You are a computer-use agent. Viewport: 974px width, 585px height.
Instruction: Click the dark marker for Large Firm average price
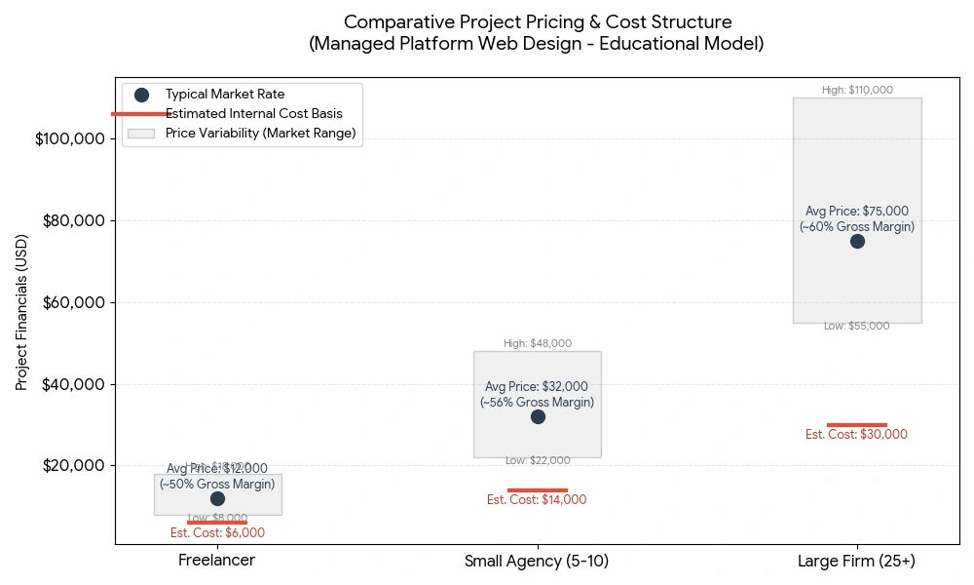(x=857, y=241)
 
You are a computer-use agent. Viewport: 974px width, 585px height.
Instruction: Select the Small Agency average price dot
(x=538, y=416)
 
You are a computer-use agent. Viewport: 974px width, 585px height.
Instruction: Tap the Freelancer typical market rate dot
(x=217, y=498)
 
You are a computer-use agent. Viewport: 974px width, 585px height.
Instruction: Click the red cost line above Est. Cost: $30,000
(x=857, y=425)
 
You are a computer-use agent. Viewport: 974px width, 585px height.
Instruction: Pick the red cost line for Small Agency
(x=538, y=490)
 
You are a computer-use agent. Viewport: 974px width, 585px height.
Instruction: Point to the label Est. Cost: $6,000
(x=217, y=533)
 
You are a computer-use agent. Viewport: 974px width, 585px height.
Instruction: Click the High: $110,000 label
(x=857, y=90)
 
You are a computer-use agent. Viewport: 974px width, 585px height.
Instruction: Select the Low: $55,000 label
(x=857, y=327)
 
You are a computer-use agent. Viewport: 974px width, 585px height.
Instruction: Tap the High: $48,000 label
(x=538, y=343)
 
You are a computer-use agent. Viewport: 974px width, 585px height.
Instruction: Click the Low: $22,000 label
(x=538, y=460)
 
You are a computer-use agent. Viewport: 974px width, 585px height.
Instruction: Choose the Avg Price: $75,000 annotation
(x=857, y=211)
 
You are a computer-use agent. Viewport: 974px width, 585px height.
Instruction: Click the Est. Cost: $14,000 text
(x=538, y=500)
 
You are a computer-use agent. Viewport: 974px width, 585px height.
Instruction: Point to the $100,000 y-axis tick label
(x=70, y=139)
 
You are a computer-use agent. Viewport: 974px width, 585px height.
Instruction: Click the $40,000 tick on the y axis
(x=74, y=384)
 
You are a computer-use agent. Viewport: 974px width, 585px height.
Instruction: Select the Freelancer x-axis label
(x=217, y=562)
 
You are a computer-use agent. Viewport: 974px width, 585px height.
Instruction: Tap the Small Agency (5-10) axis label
(x=538, y=562)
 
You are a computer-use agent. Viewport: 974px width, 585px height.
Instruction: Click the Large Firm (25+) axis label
(x=857, y=562)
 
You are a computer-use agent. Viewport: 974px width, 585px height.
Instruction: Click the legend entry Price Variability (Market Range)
(x=260, y=133)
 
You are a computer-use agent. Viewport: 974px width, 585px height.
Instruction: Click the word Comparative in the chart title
(x=391, y=21)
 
